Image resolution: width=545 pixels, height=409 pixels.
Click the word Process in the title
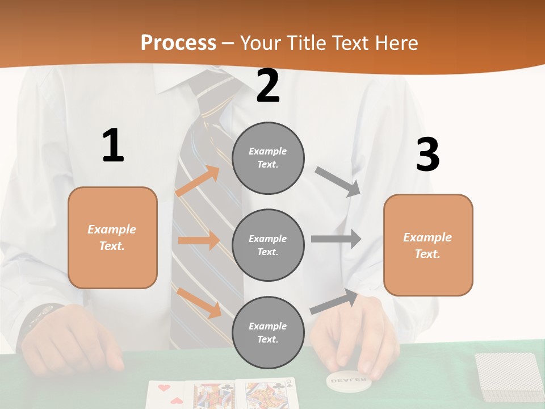point(178,43)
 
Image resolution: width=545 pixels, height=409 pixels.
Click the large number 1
point(113,146)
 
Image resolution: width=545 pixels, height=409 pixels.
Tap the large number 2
point(268,86)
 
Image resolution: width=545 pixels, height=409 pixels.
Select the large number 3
point(427,155)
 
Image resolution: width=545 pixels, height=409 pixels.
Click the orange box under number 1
point(112,237)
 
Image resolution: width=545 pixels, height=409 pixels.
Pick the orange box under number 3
point(428,245)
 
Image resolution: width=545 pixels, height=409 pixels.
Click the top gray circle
point(268,158)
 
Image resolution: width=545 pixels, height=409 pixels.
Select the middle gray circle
point(268,245)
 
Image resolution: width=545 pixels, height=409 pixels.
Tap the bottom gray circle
point(268,332)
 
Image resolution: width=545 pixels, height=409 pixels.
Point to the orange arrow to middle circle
point(199,240)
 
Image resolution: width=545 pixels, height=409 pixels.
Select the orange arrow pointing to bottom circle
point(199,302)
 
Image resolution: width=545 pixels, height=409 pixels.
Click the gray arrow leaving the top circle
point(338,181)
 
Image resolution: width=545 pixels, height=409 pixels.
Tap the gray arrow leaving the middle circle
point(336,239)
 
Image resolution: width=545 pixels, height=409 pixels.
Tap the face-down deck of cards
point(509,375)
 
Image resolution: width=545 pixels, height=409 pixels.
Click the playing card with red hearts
point(167,394)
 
